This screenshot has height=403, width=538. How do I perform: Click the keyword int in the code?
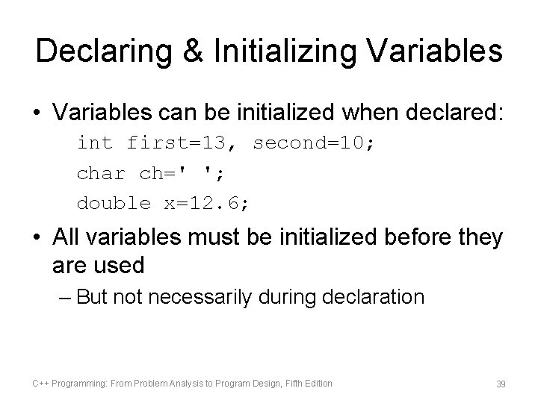coord(95,142)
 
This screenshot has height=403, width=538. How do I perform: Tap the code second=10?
coord(315,142)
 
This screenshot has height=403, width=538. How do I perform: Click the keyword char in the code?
coord(101,172)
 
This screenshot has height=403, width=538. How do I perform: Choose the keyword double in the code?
coord(114,202)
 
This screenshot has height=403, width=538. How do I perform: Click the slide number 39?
coord(501,384)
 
